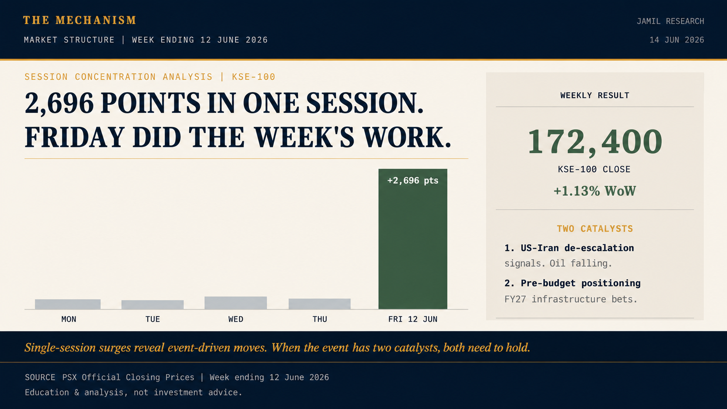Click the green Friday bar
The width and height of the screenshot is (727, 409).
coord(413,239)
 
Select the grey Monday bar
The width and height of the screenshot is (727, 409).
coord(68,304)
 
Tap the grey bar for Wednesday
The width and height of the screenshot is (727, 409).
coord(236,303)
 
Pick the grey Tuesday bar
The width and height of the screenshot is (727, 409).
coord(153,305)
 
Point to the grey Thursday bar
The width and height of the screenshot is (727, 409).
coord(319,304)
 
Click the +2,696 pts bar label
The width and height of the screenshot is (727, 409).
coord(413,181)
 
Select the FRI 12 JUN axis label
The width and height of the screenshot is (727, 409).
coord(413,319)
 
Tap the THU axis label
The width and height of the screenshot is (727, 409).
coord(320,319)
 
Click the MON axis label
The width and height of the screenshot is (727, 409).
coord(69,319)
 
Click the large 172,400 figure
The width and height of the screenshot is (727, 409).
coord(595,141)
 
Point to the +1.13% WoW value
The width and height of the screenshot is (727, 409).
coord(595,191)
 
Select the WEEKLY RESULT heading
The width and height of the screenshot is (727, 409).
coord(595,95)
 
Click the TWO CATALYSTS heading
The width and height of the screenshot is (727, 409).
coord(595,229)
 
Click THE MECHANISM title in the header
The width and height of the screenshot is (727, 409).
coord(80,20)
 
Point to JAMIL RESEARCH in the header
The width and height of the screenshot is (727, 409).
coord(670,21)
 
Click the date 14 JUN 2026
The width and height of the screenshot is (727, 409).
coord(677,40)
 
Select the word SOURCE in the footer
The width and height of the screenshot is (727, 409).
coord(40,377)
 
